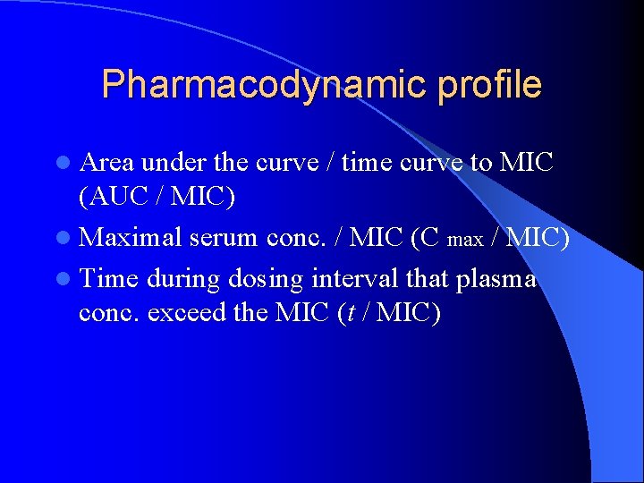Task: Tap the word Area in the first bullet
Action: pos(106,162)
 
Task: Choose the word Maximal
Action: pos(130,238)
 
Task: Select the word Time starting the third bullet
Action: pos(108,279)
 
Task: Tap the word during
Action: pos(183,279)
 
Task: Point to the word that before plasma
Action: pos(428,279)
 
